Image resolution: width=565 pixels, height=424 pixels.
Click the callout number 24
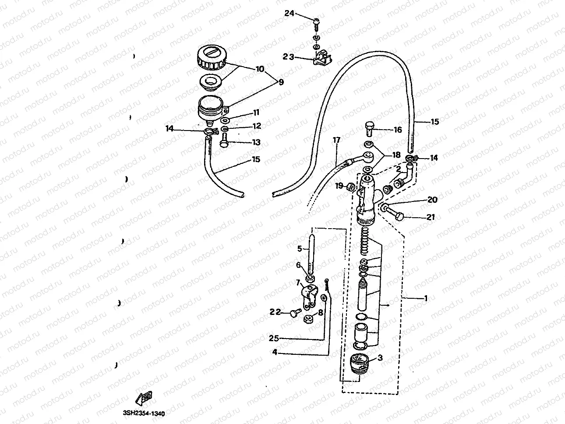[x=290, y=14]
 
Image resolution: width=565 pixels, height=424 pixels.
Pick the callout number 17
[x=336, y=140]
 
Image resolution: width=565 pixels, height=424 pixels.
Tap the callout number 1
[x=425, y=298]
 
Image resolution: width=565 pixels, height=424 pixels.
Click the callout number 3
[x=380, y=357]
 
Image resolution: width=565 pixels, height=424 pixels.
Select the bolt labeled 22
[x=294, y=313]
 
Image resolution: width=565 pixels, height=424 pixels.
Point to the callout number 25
[x=274, y=338]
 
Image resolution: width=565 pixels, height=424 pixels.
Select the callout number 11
[x=256, y=113]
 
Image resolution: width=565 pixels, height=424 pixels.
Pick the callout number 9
[x=280, y=81]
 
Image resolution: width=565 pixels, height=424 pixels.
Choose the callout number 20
[x=432, y=200]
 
